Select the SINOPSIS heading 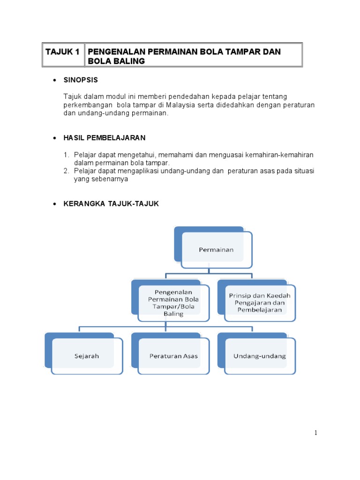[x=81, y=80]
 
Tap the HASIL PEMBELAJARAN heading [x=105, y=138]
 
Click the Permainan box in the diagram [x=216, y=250]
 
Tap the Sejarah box [x=87, y=356]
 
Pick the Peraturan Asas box [x=173, y=356]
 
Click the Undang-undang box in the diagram [x=260, y=356]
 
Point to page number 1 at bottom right [x=316, y=433]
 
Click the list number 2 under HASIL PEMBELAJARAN [x=67, y=171]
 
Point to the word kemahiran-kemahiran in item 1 [x=280, y=155]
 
